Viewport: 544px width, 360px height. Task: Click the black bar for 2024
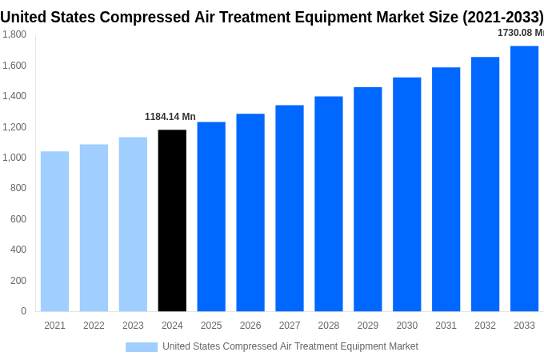tap(172, 221)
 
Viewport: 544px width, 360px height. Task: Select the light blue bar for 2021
tap(54, 231)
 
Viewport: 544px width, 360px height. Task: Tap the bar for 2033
tap(524, 178)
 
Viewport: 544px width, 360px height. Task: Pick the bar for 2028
tap(329, 204)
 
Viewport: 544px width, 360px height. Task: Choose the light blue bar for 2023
tap(133, 224)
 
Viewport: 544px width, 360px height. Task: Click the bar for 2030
tap(406, 194)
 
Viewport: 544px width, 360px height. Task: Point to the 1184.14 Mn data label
tap(170, 117)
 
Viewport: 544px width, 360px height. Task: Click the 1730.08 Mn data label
tap(520, 33)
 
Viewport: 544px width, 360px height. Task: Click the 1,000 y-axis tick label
tap(14, 158)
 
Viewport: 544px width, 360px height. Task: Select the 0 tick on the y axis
tap(23, 311)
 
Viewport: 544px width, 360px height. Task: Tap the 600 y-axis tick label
tap(18, 219)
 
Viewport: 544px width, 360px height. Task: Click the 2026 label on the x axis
tap(250, 326)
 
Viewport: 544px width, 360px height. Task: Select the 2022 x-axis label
tap(94, 326)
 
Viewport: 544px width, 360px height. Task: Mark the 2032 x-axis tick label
tap(485, 326)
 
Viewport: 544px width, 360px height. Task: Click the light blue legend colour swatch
tap(142, 346)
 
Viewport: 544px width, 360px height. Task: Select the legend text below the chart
tap(290, 346)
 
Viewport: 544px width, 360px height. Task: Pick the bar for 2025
tap(211, 217)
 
